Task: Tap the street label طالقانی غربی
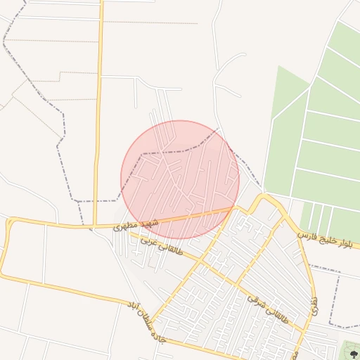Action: (x=162, y=245)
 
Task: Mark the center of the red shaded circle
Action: (x=180, y=179)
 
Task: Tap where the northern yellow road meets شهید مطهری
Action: (x=96, y=226)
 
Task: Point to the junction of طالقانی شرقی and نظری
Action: (x=307, y=330)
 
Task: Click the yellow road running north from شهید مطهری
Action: (x=99, y=105)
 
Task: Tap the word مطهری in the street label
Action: (x=123, y=226)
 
